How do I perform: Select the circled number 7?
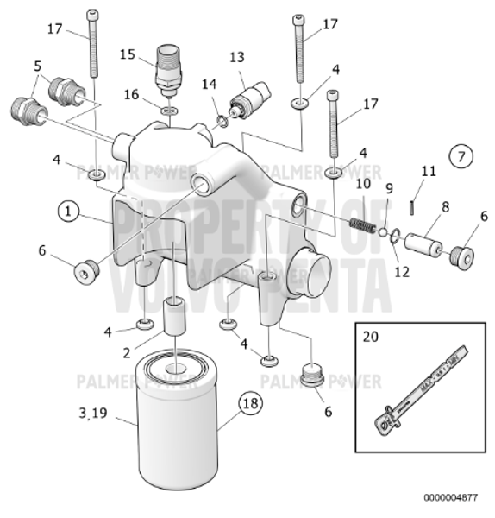click(x=461, y=156)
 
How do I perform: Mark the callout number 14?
click(x=210, y=84)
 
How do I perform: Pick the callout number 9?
click(x=389, y=187)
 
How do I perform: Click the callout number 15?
click(x=128, y=54)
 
